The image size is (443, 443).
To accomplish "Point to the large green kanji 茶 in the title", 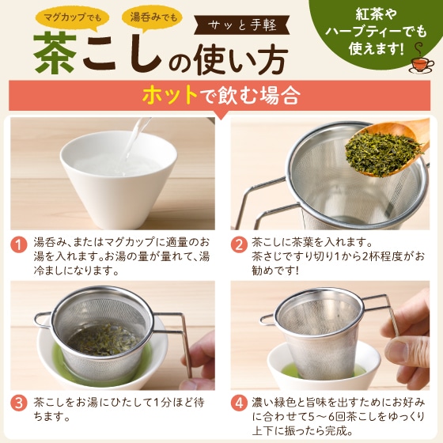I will (57, 54).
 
